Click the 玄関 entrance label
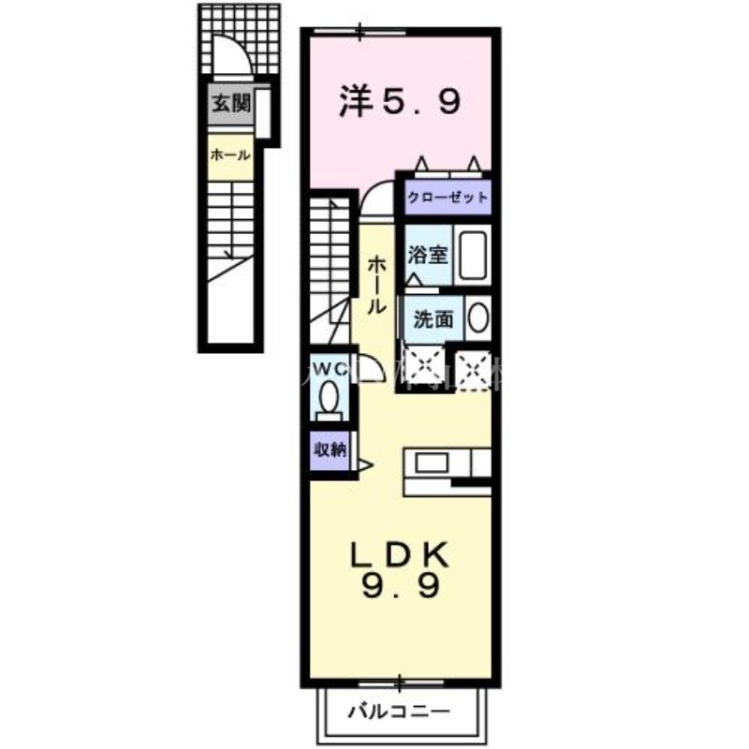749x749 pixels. click(x=228, y=104)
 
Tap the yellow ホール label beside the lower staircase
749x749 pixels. click(x=228, y=154)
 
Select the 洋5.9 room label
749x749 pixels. click(x=399, y=101)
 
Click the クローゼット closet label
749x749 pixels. click(x=447, y=198)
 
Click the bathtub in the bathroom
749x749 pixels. click(x=473, y=255)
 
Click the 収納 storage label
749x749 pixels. click(x=330, y=449)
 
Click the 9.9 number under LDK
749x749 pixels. click(x=399, y=589)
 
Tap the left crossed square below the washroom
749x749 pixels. click(x=430, y=366)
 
